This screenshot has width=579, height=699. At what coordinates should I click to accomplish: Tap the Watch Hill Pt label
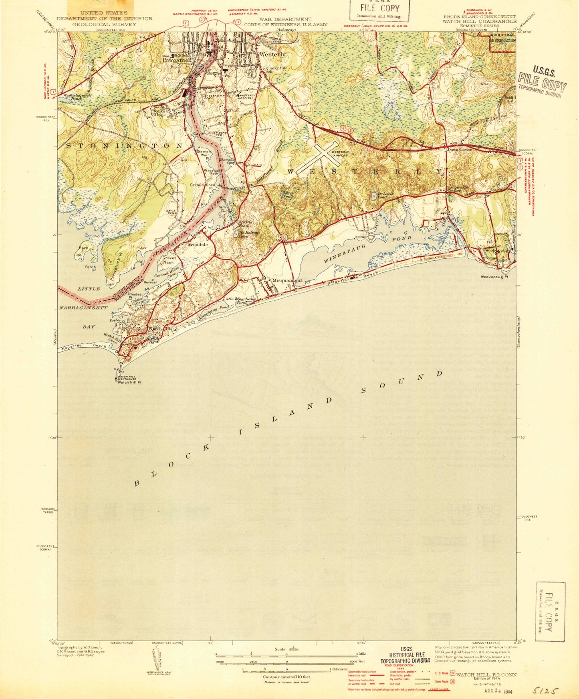point(129,382)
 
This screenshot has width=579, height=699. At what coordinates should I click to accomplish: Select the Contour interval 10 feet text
point(286,677)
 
